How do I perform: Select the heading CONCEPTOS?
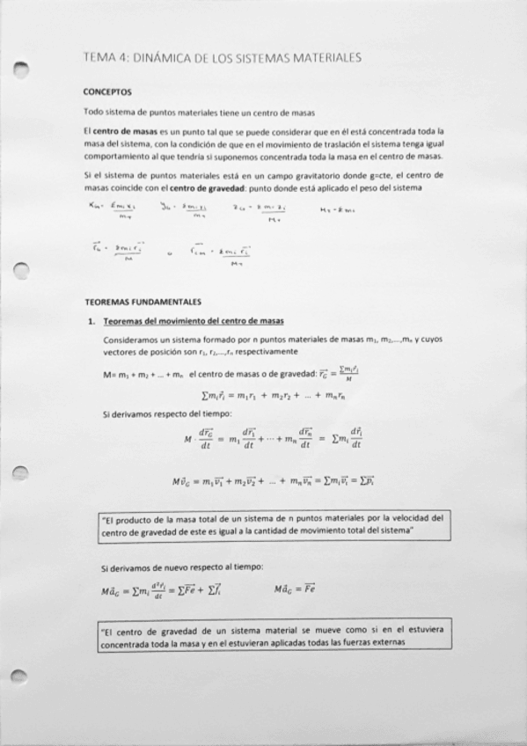107,91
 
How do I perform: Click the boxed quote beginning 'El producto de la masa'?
274,525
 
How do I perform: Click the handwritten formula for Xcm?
109,209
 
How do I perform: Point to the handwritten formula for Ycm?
182,209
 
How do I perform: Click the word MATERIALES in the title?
319,58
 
